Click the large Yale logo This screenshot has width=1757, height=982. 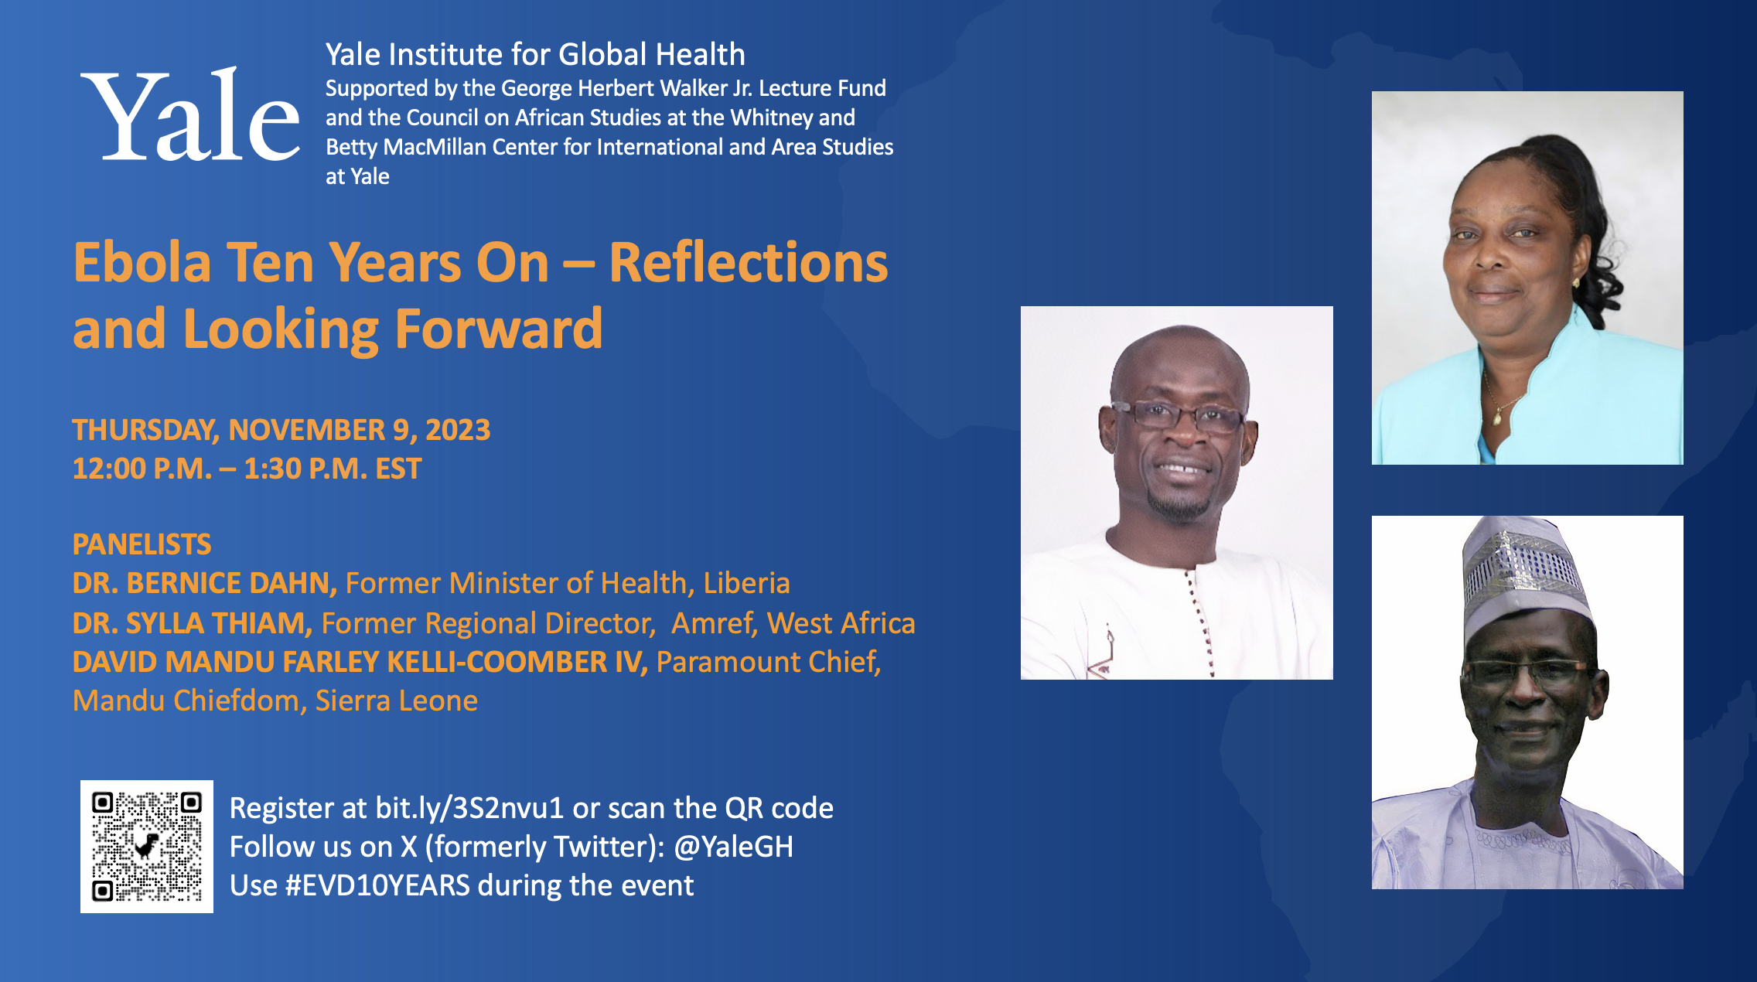click(x=190, y=114)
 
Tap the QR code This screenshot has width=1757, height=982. click(x=147, y=846)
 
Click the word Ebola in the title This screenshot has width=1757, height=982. click(x=142, y=263)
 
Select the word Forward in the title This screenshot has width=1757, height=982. click(x=499, y=329)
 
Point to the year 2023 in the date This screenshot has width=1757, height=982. click(x=458, y=430)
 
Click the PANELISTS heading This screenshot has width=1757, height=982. click(x=142, y=544)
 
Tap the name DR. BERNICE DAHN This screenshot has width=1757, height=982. click(x=204, y=583)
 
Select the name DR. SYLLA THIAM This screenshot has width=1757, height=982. click(x=193, y=622)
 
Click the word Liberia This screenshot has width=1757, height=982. click(x=746, y=583)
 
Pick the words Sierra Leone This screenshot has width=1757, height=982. click(x=397, y=701)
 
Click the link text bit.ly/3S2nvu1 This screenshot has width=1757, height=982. click(x=469, y=808)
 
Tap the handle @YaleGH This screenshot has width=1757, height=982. click(x=733, y=847)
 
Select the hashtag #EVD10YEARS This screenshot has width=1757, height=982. click(x=377, y=885)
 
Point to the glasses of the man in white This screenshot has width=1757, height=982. click(x=1176, y=417)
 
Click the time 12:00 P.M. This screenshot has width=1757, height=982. click(x=142, y=469)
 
